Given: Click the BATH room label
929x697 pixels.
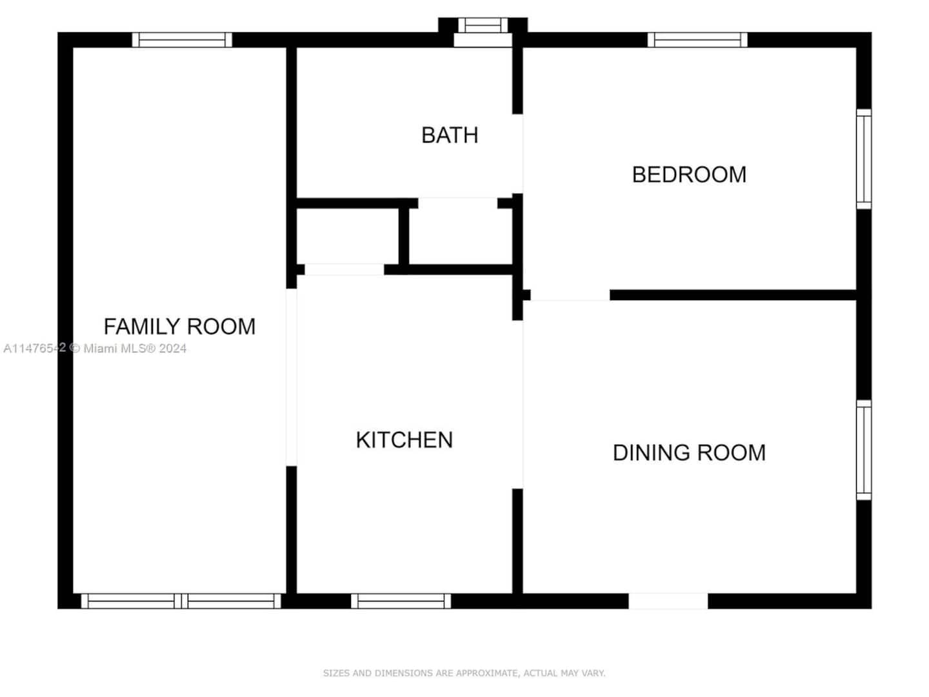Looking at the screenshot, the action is (x=450, y=136).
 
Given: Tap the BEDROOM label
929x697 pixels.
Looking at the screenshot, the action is (x=688, y=175).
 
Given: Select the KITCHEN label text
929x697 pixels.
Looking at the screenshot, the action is (x=405, y=439).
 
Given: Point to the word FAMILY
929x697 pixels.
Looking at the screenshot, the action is (x=142, y=327).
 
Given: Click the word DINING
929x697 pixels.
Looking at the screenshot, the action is (x=652, y=452).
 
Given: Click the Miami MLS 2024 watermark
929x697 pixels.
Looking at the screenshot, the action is (x=95, y=348).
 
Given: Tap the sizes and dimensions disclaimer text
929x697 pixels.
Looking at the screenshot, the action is (x=464, y=672).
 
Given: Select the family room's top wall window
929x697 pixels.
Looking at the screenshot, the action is (x=182, y=40).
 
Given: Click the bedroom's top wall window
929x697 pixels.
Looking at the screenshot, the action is (x=697, y=40).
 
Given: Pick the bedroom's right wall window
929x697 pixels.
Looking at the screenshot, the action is (x=864, y=159).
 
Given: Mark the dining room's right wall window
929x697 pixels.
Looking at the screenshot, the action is (x=864, y=450).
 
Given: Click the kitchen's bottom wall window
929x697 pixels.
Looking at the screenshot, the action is (x=401, y=601).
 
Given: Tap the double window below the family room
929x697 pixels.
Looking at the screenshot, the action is (x=181, y=601).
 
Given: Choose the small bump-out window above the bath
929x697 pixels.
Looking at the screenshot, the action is (x=483, y=25).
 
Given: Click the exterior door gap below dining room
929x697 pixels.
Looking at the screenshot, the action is (x=668, y=601).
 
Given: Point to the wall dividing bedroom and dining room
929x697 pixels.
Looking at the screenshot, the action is (x=733, y=295).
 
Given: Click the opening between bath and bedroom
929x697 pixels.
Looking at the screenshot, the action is (x=517, y=154).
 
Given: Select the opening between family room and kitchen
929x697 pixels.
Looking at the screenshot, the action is (x=291, y=378).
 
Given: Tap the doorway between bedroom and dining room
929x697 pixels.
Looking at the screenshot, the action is (x=570, y=295).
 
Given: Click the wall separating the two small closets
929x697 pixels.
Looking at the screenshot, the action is (x=404, y=236).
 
